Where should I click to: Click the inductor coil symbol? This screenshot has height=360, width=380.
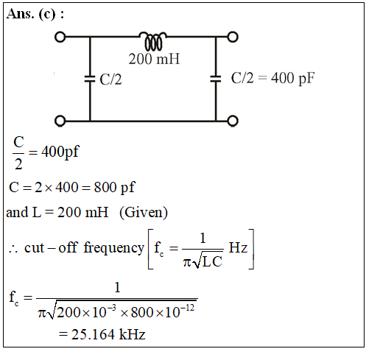[x=153, y=41]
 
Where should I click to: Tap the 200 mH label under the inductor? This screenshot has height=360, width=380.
[x=154, y=59]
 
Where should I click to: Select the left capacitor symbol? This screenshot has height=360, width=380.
[x=90, y=79]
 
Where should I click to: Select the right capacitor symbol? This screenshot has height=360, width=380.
[x=216, y=79]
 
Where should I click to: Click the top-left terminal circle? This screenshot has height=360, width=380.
[x=60, y=37]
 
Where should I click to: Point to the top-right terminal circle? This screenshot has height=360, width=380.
[x=233, y=37]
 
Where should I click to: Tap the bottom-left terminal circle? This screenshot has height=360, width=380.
[x=60, y=121]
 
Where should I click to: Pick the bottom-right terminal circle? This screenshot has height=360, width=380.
[x=233, y=121]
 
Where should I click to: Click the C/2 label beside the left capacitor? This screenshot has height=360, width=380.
[x=110, y=80]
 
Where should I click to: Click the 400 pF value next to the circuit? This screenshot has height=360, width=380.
[x=293, y=78]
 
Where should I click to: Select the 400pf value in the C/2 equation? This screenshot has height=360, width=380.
[x=60, y=152]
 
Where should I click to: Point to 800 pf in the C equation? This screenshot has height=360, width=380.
[x=115, y=188]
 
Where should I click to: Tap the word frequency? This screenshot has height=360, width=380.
[x=113, y=248]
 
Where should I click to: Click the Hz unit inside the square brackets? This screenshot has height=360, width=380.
[x=238, y=248]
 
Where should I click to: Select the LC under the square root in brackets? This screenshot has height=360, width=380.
[x=212, y=261]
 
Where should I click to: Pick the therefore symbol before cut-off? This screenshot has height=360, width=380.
[x=13, y=249]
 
